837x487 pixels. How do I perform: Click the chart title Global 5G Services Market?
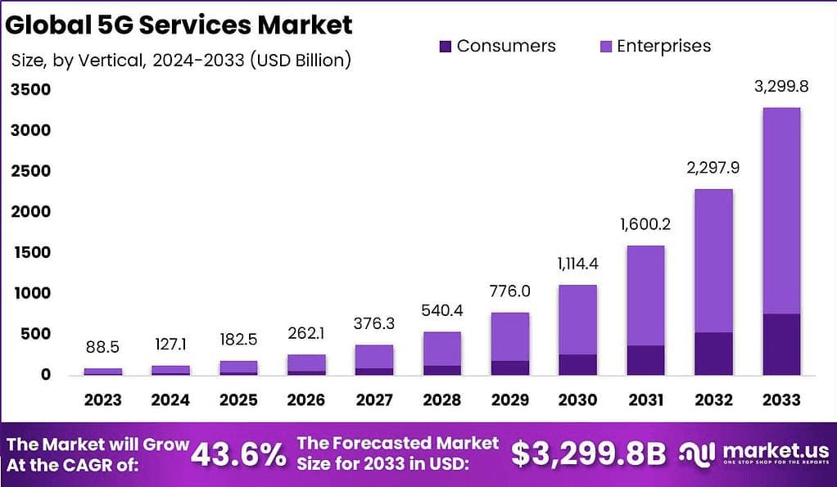click(179, 25)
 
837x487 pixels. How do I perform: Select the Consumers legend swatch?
click(445, 47)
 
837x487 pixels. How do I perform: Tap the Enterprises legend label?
click(663, 46)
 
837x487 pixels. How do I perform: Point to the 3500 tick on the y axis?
click(30, 90)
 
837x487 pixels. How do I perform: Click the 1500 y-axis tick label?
click(30, 253)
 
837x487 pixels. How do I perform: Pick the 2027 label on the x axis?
click(374, 399)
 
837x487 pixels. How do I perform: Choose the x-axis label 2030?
click(577, 399)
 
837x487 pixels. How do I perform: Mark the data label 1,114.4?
click(577, 264)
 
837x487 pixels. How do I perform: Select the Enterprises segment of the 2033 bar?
click(780, 210)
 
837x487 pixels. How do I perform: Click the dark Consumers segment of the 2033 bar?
click(780, 344)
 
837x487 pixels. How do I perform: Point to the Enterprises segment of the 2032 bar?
click(713, 260)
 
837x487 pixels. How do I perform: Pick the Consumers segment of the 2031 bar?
click(645, 360)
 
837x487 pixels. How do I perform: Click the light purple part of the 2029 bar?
click(509, 336)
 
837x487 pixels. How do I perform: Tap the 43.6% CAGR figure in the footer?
click(239, 453)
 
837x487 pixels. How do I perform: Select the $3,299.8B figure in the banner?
click(589, 454)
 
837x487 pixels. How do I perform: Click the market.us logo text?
click(769, 450)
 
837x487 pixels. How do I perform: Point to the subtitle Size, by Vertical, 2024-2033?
click(181, 61)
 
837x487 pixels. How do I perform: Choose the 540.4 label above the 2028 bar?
click(442, 311)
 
